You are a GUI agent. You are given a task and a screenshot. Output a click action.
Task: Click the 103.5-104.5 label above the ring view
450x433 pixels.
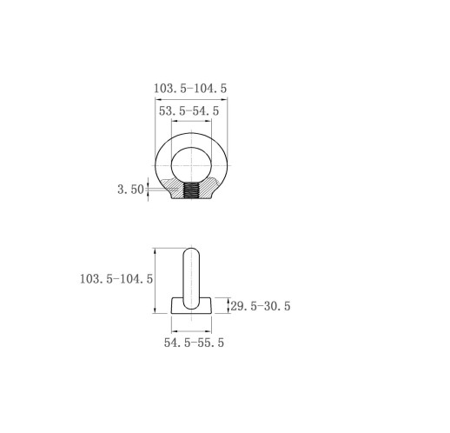[190, 88]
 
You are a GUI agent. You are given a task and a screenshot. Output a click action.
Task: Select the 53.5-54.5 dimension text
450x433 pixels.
[189, 110]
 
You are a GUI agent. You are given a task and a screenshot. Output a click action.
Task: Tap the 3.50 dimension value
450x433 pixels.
[130, 190]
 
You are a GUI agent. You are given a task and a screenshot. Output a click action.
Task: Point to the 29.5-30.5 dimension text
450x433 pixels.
[261, 306]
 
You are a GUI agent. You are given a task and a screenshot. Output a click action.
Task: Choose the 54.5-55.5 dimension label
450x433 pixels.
[194, 343]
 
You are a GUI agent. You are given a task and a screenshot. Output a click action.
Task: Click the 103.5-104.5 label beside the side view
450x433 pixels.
[116, 279]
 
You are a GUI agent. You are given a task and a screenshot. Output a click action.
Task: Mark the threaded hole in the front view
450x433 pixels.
[191, 190]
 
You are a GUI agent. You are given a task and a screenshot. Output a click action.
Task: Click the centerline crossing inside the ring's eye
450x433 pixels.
[191, 165]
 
